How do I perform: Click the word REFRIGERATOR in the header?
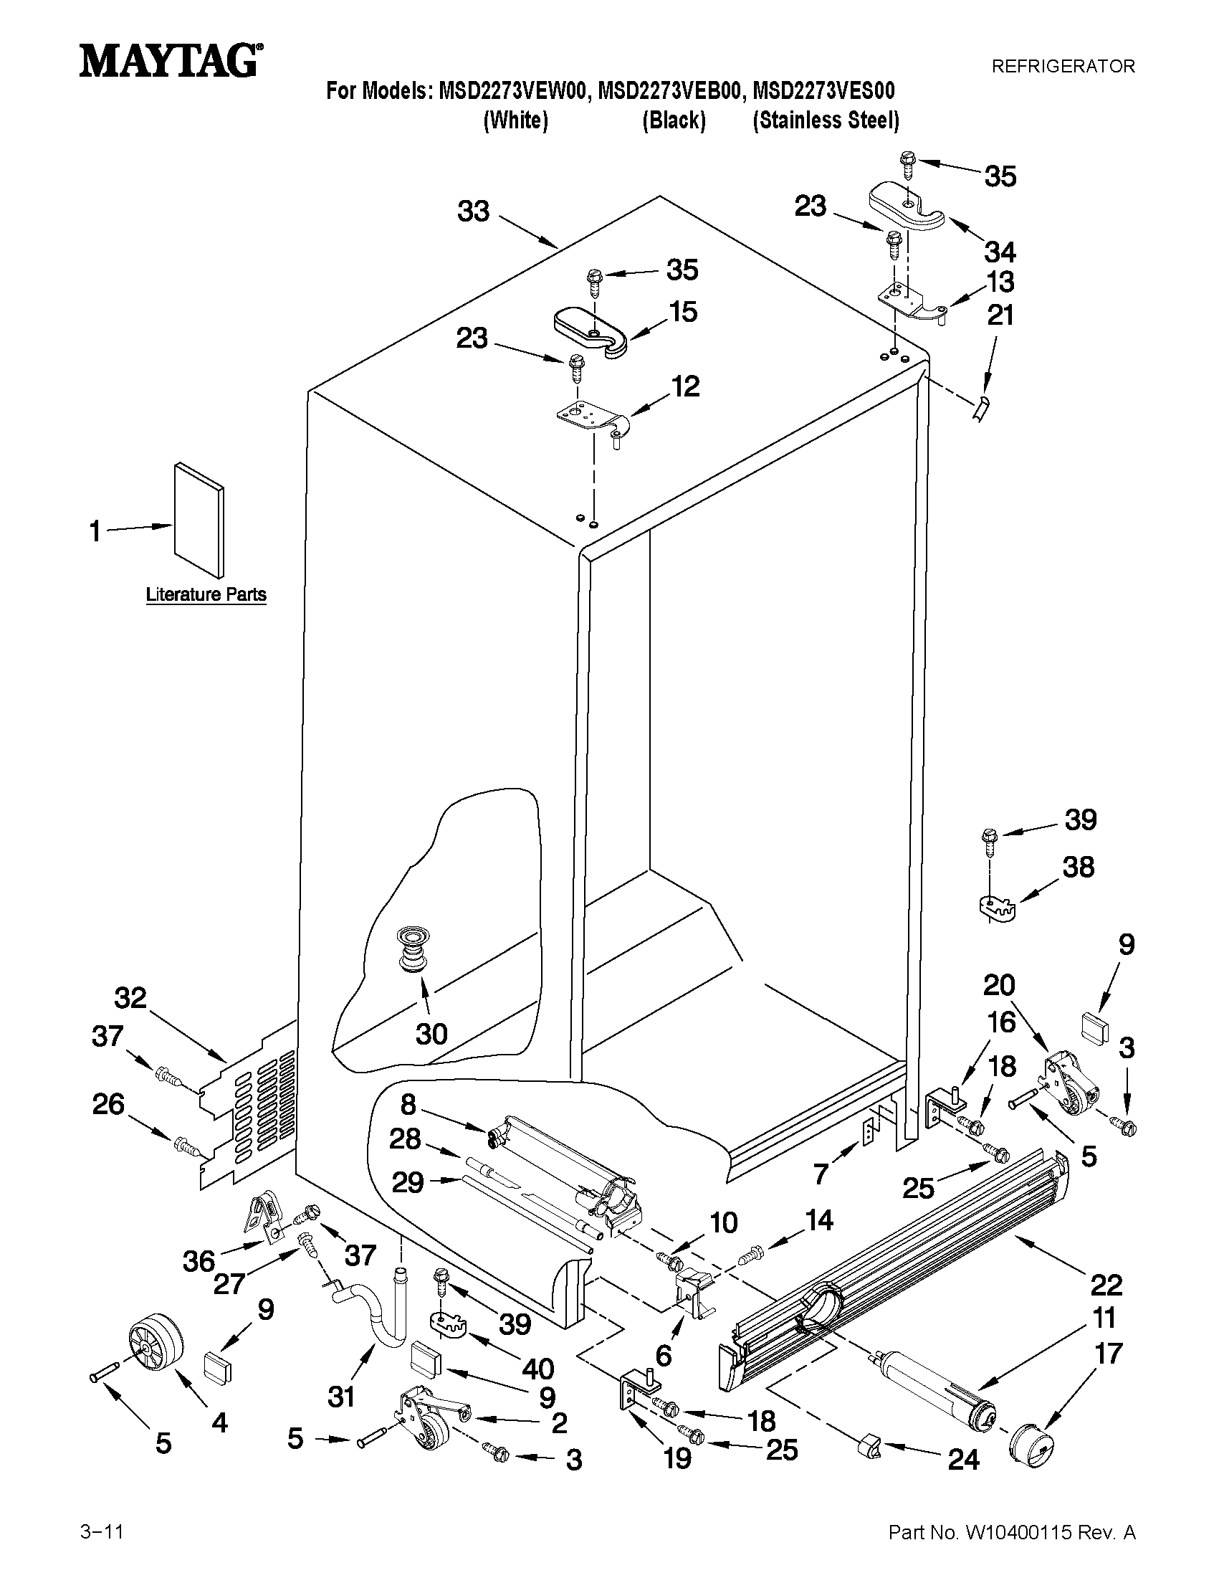tap(1062, 67)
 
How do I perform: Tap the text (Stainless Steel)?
tap(826, 120)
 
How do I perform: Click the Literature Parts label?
tap(206, 594)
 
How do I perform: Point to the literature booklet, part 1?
tap(198, 521)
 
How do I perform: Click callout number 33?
tap(474, 211)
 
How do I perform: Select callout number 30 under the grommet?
tap(431, 1034)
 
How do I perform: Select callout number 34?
tap(1000, 252)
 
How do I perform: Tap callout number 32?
tap(130, 998)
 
